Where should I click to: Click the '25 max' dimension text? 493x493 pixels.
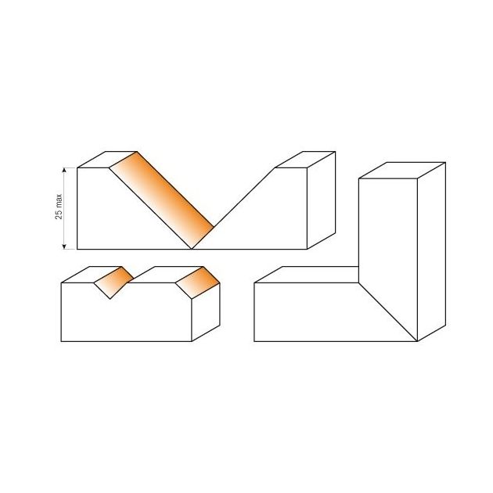[x=59, y=207]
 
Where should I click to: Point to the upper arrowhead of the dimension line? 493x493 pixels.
[x=64, y=171]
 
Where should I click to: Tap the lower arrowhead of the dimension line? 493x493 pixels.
[x=64, y=246]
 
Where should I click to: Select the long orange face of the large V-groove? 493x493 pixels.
[x=161, y=200]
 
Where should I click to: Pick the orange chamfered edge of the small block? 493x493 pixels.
[x=197, y=282]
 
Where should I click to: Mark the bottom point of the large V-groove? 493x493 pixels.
[x=192, y=249]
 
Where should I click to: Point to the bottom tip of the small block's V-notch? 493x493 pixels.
[x=110, y=299]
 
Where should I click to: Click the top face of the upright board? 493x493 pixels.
[x=402, y=171]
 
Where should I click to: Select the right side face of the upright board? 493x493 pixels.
[x=432, y=251]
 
